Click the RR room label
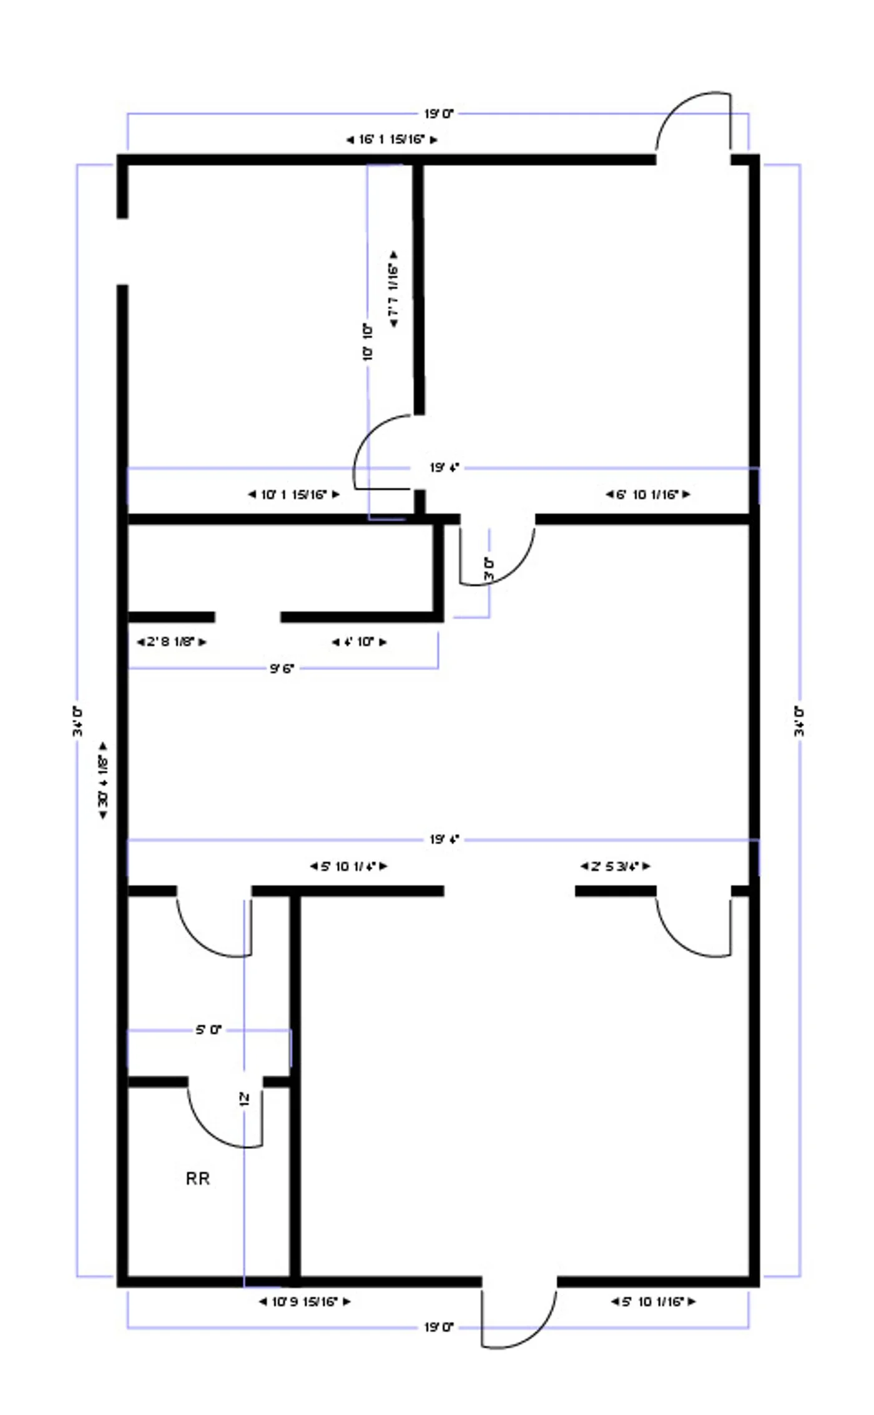tap(198, 1178)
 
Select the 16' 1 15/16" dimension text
tap(391, 139)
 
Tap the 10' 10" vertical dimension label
tap(368, 341)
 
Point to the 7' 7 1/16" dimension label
tap(393, 289)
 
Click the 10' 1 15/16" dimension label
tap(293, 495)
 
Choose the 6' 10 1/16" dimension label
tap(647, 495)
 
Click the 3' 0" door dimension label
tap(489, 569)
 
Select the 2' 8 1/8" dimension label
tap(171, 641)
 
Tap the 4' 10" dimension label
tap(359, 641)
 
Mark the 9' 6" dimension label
tap(282, 668)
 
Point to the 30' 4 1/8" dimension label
tap(103, 781)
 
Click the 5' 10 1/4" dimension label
tap(348, 866)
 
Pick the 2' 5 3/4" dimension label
tap(615, 866)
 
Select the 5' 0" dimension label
tap(209, 1030)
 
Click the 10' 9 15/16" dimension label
tap(305, 1301)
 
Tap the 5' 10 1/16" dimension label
tap(653, 1301)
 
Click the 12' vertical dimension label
tap(244, 1099)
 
